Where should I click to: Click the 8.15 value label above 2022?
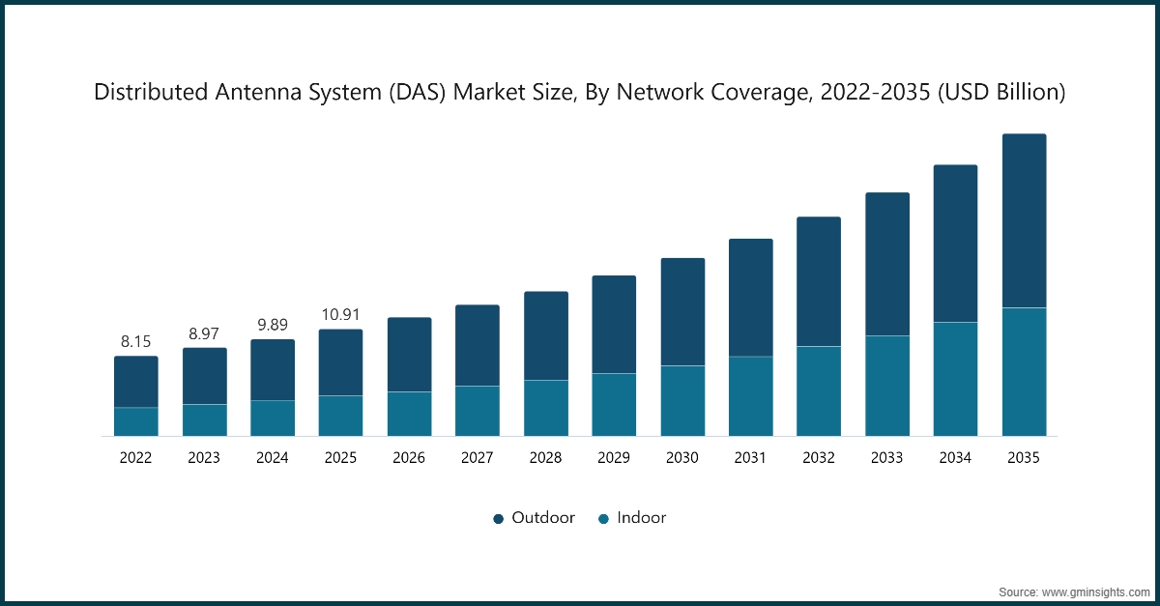pos(136,341)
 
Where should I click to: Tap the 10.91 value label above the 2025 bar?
pos(340,314)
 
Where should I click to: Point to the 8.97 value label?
pos(204,333)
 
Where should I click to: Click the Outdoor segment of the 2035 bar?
pos(1024,221)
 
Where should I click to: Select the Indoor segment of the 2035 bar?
pos(1024,372)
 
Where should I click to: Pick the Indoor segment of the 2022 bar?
pos(136,421)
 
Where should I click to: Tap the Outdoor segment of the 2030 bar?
pos(682,312)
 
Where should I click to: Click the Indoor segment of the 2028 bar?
pos(546,408)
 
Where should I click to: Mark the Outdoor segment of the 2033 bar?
pos(887,264)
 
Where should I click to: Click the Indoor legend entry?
pos(632,518)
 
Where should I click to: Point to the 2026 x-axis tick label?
pos(409,459)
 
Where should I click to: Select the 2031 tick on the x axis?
pos(750,459)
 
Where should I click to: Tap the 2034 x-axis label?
pos(955,459)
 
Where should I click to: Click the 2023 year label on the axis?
pos(204,459)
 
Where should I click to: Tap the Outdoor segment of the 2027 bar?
pos(478,345)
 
